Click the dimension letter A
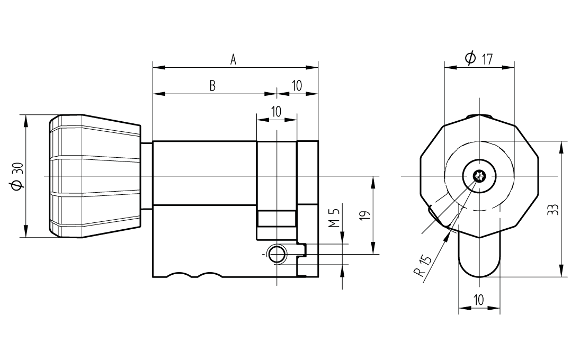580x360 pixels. coord(233,59)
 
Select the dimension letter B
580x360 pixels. coord(212,86)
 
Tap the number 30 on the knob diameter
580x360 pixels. coord(16,169)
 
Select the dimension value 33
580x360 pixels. coord(552,209)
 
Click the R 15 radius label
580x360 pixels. coord(423,265)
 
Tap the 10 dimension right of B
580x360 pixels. coord(297,86)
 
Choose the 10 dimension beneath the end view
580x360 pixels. coord(478,300)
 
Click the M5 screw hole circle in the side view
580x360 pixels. coord(276,255)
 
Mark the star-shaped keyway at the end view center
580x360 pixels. coord(479,176)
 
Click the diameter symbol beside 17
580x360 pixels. coord(470,58)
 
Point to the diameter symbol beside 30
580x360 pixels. coord(16,185)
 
